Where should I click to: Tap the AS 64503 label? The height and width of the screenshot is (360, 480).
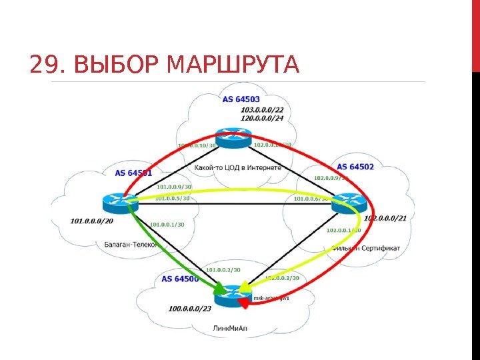241,99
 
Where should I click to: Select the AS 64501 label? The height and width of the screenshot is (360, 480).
133,173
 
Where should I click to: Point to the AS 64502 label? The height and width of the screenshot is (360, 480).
355,166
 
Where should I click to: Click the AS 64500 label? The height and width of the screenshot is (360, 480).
180,279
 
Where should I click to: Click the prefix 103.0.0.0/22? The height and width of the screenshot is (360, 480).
261,109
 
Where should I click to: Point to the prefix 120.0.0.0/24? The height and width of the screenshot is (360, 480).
261,117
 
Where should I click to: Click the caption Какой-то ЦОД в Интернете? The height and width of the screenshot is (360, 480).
238,168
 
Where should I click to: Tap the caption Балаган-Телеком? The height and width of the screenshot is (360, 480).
131,245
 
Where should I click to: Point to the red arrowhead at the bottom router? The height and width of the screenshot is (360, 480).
244,303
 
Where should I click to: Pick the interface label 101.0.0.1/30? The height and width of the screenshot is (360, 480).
167,225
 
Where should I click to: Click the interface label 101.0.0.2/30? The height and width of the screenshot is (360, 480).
223,270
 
